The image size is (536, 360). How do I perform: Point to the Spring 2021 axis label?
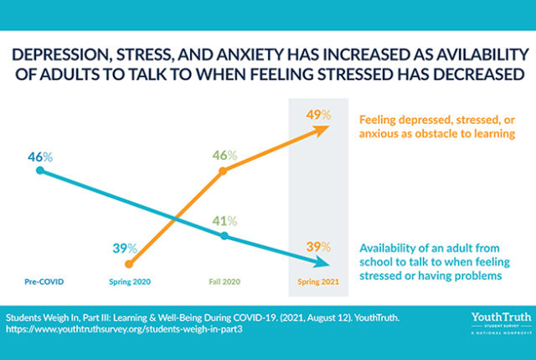[315, 282]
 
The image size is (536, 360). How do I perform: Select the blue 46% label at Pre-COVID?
[40, 157]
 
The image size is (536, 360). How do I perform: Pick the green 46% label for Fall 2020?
[224, 156]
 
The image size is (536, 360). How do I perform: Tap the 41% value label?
[224, 221]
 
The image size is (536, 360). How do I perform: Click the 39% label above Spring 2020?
[126, 248]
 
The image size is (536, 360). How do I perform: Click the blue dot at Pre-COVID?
[40, 172]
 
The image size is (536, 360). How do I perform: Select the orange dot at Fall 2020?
[224, 172]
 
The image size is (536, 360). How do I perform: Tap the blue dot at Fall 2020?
[224, 236]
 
